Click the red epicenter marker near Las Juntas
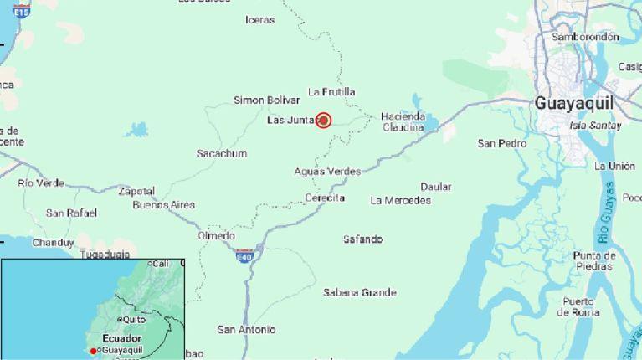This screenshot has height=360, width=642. pyautogui.click(x=324, y=121)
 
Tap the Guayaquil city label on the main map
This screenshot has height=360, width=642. pyautogui.click(x=573, y=102)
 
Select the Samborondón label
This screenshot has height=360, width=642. pyautogui.click(x=585, y=37)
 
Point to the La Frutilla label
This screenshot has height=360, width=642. pyautogui.click(x=331, y=91)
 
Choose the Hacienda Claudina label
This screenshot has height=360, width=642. pyautogui.click(x=403, y=121)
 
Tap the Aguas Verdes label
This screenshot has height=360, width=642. pyautogui.click(x=327, y=171)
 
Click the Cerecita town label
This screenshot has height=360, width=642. pyautogui.click(x=325, y=198)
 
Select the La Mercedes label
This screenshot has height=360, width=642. pyautogui.click(x=400, y=200)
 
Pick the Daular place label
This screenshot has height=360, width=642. pyautogui.click(x=436, y=187)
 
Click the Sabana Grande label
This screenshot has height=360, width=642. pyautogui.click(x=360, y=292)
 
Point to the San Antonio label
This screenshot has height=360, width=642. pyautogui.click(x=246, y=330)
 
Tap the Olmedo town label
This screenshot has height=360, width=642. pyautogui.click(x=216, y=236)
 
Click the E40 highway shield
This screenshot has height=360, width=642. pyautogui.click(x=244, y=255)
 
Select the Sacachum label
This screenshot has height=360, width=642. pyautogui.click(x=222, y=153)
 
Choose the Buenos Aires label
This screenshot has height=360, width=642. pyautogui.click(x=164, y=205)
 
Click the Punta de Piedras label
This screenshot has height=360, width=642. pyautogui.click(x=595, y=260)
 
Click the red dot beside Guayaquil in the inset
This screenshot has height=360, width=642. pyautogui.click(x=94, y=350)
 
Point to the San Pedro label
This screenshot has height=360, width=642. pyautogui.click(x=502, y=143)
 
